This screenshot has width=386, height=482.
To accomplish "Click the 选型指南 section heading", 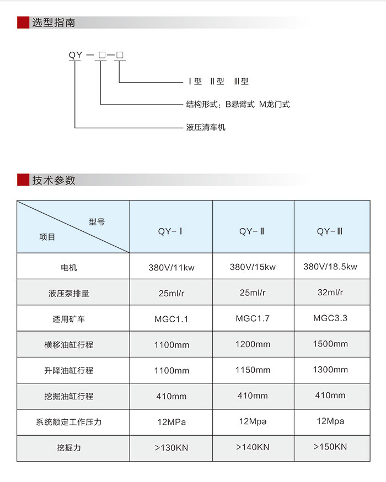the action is (53, 23).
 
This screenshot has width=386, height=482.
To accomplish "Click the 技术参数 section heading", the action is (54, 180).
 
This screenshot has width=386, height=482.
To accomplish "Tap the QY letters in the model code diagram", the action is (76, 55).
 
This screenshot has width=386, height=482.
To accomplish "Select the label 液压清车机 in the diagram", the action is (206, 127).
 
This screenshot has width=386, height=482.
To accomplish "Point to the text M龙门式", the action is (274, 104).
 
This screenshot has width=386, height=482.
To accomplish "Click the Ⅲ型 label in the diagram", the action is (241, 81).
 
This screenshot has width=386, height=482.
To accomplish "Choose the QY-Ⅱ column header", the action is (252, 231).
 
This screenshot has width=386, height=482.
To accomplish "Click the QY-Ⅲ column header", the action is (330, 231).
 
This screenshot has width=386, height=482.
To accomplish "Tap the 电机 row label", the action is (68, 267).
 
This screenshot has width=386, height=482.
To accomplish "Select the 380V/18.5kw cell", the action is (330, 267).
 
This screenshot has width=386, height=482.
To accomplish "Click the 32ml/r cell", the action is (330, 293).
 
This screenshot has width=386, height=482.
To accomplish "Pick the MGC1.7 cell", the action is (253, 318).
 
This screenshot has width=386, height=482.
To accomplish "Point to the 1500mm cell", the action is (330, 344).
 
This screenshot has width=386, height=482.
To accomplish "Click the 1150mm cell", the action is (253, 370).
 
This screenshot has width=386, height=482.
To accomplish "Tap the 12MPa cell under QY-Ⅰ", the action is (171, 422).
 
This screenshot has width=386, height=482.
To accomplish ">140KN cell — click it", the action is (253, 447).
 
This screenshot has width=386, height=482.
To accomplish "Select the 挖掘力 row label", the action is (68, 447).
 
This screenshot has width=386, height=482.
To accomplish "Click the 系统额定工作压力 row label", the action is (68, 422).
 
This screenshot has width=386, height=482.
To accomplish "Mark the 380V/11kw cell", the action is (171, 267).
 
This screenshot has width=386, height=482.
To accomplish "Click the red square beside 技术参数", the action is (23, 180).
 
